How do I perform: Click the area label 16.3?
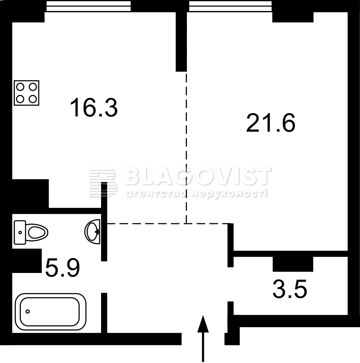(94, 107)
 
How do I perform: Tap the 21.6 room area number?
(271, 123)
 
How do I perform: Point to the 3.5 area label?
(290, 289)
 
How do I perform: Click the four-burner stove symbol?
(26, 93)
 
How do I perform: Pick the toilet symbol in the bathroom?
(31, 232)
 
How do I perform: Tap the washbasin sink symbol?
(93, 231)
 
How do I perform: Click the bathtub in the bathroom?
(50, 310)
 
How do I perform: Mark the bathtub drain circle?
(28, 311)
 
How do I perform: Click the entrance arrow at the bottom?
(203, 339)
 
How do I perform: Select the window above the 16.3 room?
(89, 6)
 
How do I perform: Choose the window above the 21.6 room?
(231, 6)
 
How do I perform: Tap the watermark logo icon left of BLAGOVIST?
(103, 182)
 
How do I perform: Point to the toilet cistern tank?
(20, 232)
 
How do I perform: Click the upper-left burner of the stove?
(20, 87)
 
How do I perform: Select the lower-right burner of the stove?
(33, 99)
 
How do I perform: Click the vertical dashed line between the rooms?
(187, 147)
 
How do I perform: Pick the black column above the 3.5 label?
(293, 264)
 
